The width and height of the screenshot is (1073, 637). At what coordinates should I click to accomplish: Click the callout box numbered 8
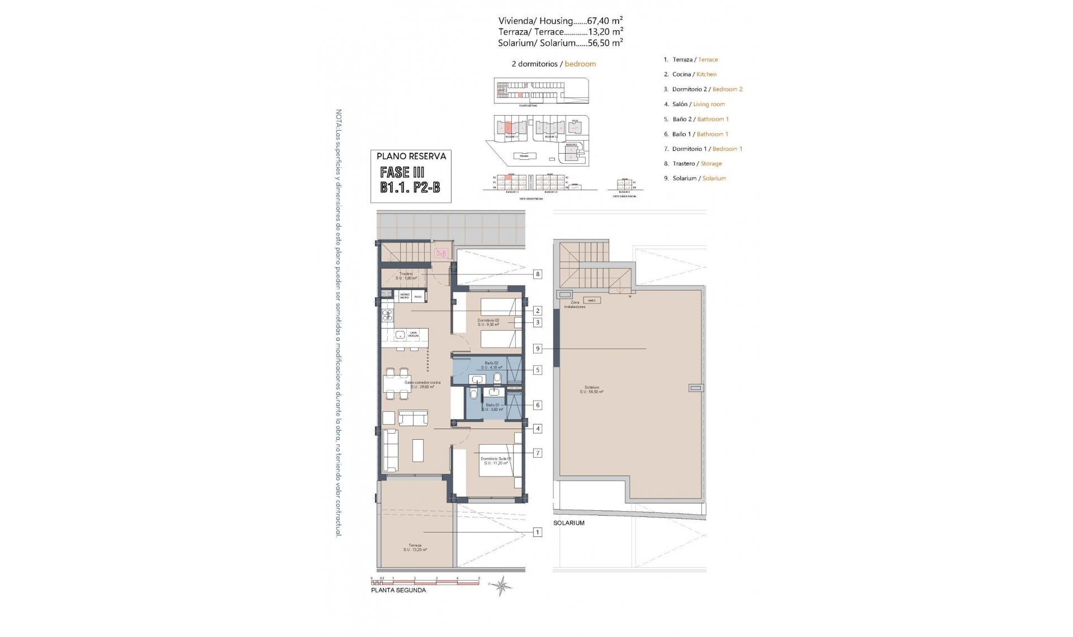[x=538, y=274]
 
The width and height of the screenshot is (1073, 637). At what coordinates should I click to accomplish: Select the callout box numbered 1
[x=538, y=533]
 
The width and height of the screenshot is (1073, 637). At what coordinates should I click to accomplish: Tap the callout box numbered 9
[x=538, y=349]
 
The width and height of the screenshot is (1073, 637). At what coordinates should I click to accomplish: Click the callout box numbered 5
[x=538, y=370]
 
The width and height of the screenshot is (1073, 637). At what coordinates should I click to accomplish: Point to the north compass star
[x=501, y=586]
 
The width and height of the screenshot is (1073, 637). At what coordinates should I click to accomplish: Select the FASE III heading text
[x=402, y=173]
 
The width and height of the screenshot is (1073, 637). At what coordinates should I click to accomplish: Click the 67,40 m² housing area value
[x=605, y=21]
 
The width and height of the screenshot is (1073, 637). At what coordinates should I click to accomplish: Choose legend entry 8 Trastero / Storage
[x=693, y=164]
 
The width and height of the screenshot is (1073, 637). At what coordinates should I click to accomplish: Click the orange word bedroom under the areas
[x=580, y=64]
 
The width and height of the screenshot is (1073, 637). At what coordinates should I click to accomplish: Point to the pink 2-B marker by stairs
[x=441, y=254]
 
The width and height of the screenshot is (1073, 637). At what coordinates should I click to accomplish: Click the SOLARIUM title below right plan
[x=568, y=523]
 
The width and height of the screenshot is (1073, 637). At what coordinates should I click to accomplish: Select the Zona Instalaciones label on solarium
[x=575, y=305]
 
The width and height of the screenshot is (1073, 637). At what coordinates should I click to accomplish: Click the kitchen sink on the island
[x=400, y=335]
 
